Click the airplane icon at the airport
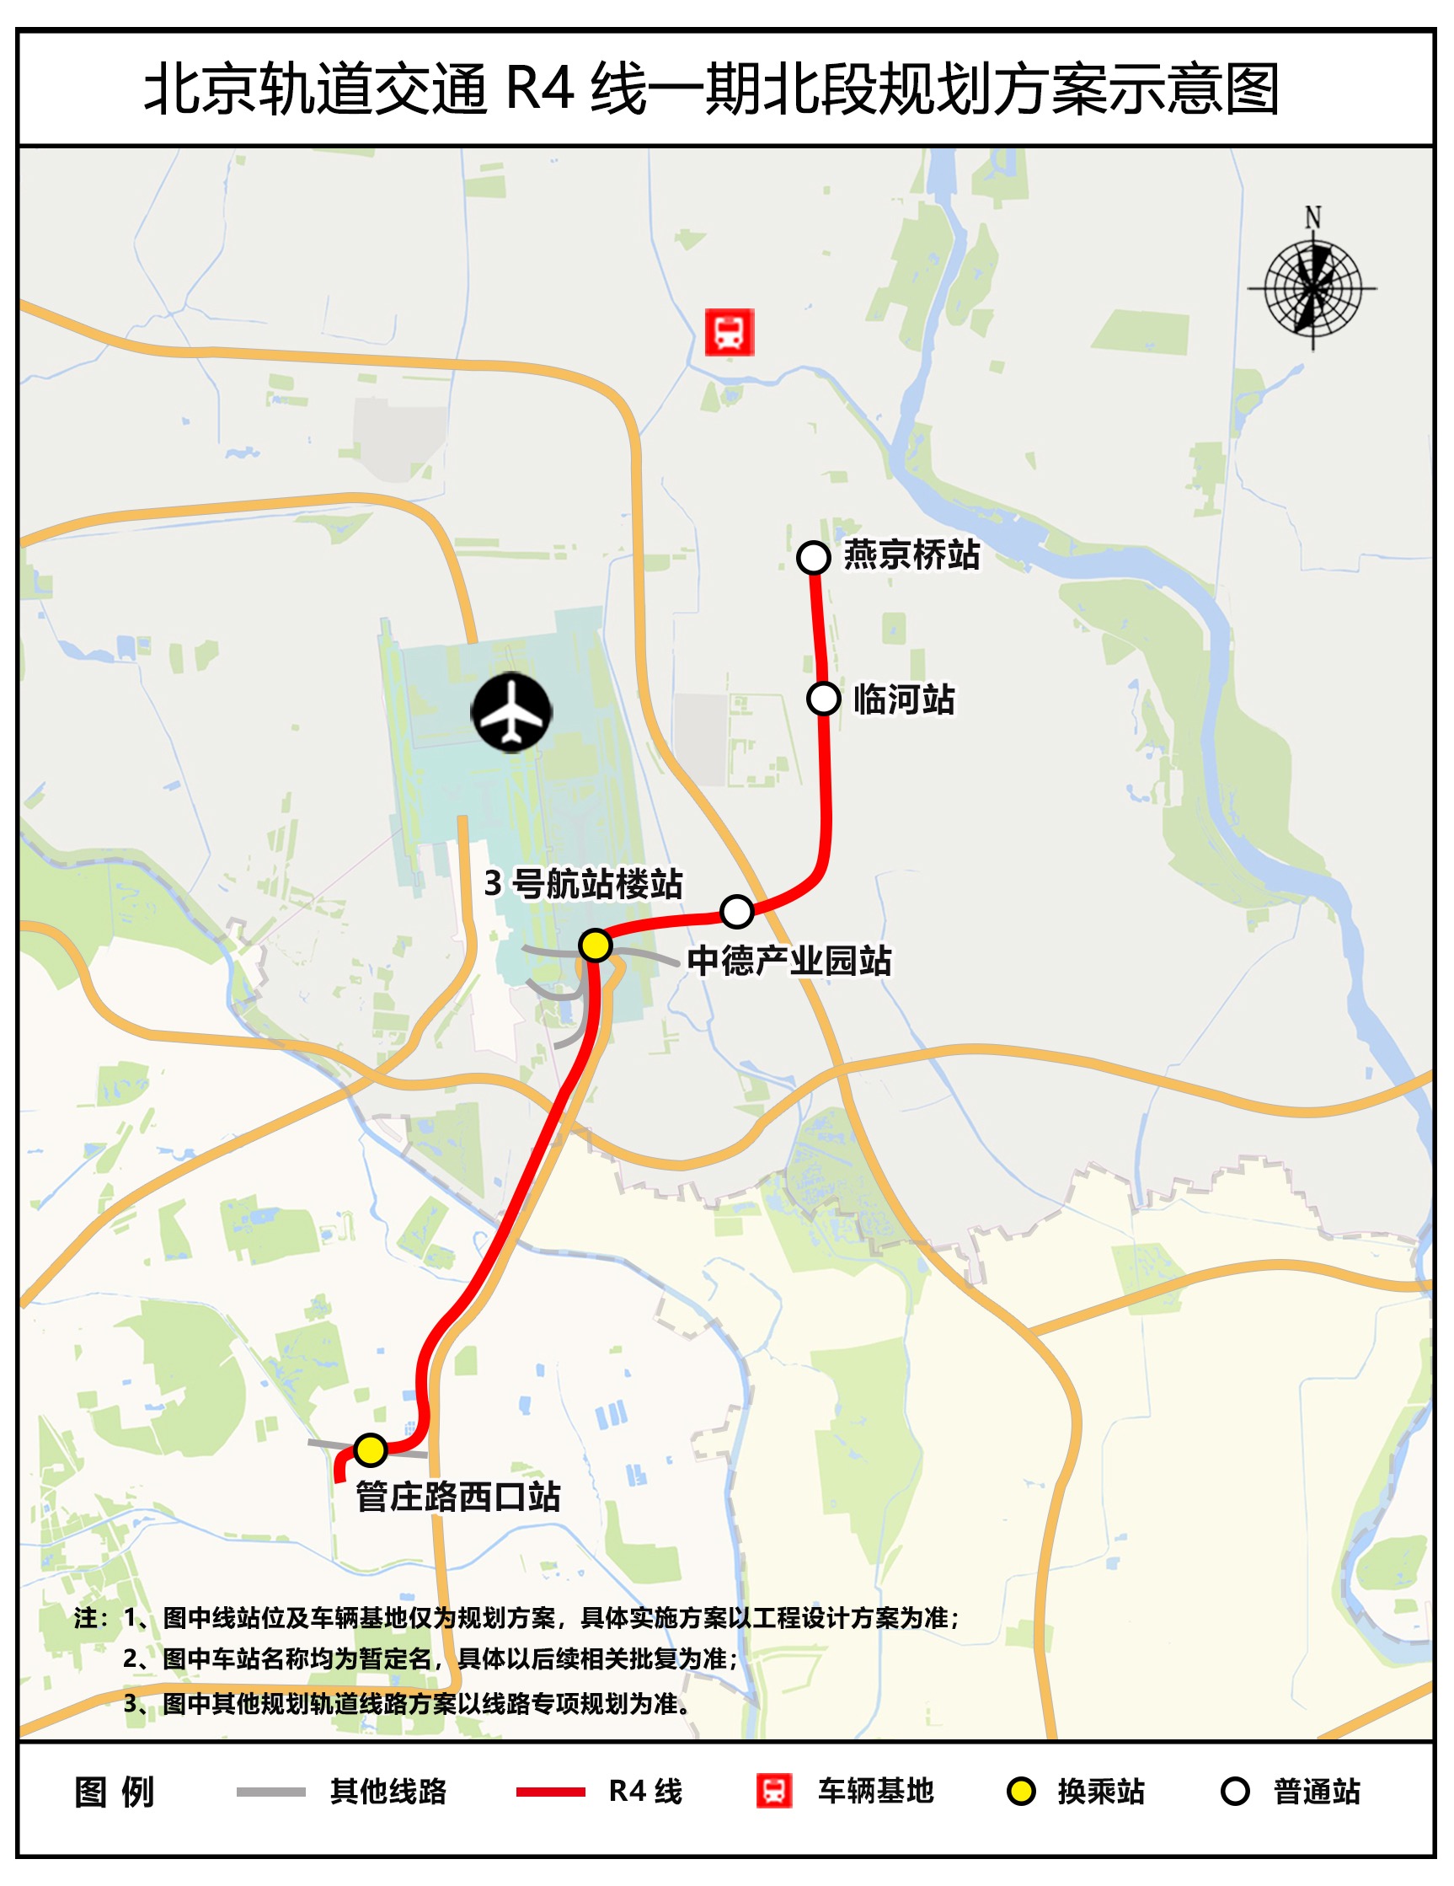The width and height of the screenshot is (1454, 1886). point(511,711)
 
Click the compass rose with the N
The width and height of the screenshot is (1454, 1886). point(1312,287)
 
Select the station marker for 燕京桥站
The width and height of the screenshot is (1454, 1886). point(813,557)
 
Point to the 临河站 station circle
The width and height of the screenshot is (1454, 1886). point(824,698)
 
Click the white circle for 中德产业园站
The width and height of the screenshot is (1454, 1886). point(736,910)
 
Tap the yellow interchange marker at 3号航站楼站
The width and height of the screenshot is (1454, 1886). point(595,946)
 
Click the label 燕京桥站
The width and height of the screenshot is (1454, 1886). point(911,555)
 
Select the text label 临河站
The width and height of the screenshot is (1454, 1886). point(904,699)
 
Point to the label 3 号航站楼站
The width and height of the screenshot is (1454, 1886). point(584,883)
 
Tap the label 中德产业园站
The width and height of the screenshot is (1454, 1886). point(789,960)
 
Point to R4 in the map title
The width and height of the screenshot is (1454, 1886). point(540,88)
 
